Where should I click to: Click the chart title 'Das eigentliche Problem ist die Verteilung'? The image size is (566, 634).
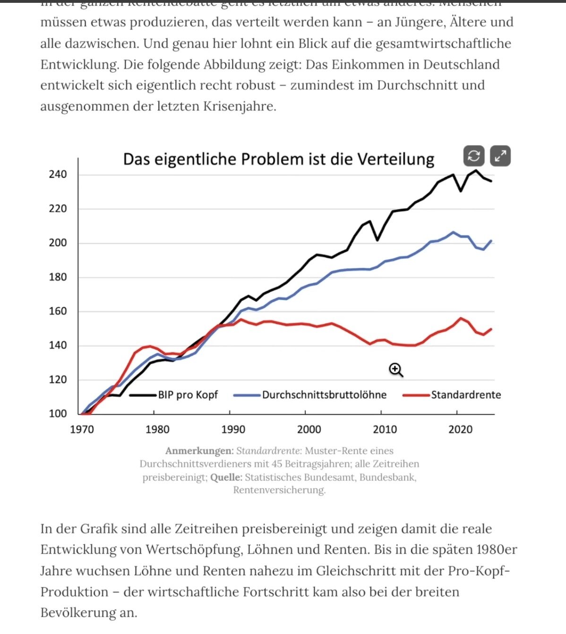tap(279, 159)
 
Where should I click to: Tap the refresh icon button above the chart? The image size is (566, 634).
tap(474, 156)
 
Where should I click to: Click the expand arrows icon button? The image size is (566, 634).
tap(500, 156)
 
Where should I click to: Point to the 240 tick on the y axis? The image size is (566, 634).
tap(58, 174)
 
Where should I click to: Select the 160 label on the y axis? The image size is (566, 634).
tap(58, 311)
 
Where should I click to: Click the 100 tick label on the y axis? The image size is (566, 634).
tap(58, 414)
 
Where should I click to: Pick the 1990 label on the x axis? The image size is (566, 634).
tap(233, 429)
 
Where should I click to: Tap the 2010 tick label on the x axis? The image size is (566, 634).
tap(385, 429)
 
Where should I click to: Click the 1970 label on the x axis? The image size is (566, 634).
tap(82, 429)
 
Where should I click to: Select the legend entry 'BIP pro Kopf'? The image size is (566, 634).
tap(188, 395)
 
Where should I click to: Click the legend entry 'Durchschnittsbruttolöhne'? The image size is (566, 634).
tap(324, 395)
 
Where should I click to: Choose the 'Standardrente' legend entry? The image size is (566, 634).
tap(465, 395)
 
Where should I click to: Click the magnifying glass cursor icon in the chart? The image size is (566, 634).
tap(395, 370)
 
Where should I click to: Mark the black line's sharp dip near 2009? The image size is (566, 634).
tap(377, 240)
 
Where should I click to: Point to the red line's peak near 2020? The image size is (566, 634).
tap(461, 318)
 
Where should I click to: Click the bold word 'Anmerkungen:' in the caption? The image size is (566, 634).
tap(199, 451)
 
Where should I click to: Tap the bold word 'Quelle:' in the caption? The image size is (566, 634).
tap(226, 478)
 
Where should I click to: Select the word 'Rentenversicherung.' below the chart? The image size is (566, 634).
tap(279, 490)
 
